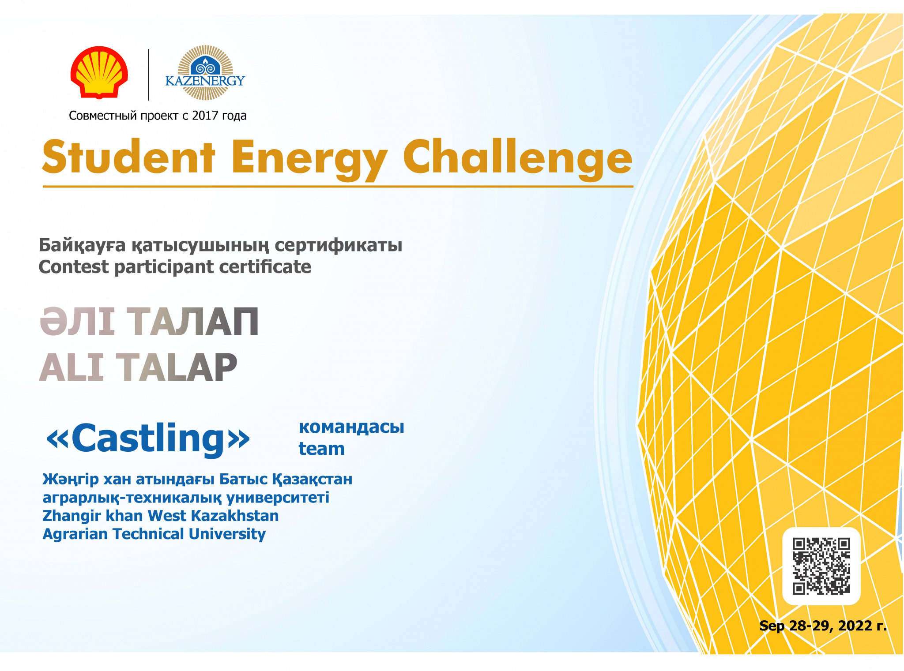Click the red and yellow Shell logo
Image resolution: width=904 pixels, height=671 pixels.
(x=99, y=72)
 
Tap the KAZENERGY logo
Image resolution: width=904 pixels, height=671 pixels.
(x=205, y=73)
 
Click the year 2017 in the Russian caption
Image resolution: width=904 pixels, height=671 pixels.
(x=205, y=116)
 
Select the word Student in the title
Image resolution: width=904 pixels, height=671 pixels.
(x=128, y=157)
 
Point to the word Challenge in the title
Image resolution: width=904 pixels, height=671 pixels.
(x=518, y=159)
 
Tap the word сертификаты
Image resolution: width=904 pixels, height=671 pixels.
(x=339, y=245)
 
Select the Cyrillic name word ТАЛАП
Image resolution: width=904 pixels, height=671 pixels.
(x=193, y=322)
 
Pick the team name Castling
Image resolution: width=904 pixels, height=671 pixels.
(x=148, y=438)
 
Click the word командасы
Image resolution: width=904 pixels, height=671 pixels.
(x=351, y=427)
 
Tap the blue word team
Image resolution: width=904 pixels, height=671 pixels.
(x=321, y=449)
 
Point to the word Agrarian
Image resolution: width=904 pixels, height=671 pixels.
(x=75, y=534)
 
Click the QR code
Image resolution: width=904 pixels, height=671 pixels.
(x=821, y=566)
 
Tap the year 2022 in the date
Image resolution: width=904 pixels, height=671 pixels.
(x=855, y=626)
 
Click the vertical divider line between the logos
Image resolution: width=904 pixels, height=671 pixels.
(x=149, y=75)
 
